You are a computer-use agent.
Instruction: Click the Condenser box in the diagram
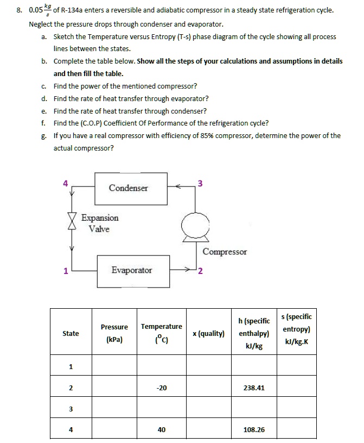128,188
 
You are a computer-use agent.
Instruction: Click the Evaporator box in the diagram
132,270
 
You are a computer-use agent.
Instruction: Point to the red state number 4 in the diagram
66,184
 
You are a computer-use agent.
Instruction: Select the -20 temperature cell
161,388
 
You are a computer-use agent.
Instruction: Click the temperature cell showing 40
161,429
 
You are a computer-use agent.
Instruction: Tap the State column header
71,333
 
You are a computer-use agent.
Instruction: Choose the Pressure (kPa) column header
114,333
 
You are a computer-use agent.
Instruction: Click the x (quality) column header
208,333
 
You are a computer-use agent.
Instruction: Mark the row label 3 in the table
71,408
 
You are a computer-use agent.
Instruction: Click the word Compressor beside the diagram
224,252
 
